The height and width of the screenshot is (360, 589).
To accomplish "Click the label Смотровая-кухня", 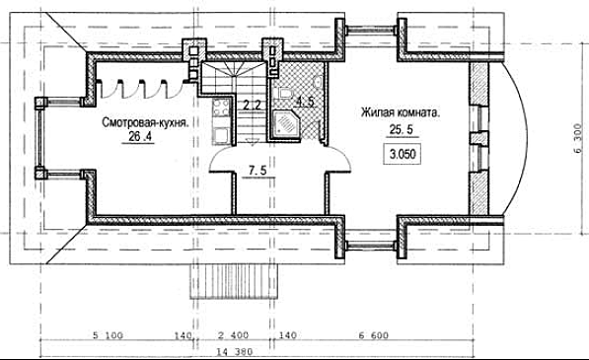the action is pyautogui.click(x=145, y=122).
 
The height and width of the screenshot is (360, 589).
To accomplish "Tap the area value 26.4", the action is pyautogui.click(x=140, y=137).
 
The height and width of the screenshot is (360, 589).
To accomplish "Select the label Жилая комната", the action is pyautogui.click(x=400, y=112).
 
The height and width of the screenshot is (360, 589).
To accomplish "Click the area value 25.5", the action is pyautogui.click(x=402, y=130).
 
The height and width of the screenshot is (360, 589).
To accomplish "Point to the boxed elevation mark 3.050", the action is pyautogui.click(x=402, y=154).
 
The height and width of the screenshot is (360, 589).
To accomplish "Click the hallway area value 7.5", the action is pyautogui.click(x=258, y=171).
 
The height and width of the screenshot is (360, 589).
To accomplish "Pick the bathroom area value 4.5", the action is pyautogui.click(x=305, y=102).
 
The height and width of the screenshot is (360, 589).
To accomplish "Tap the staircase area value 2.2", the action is pyautogui.click(x=252, y=105).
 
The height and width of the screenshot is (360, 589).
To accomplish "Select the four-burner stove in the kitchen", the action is pyautogui.click(x=222, y=108).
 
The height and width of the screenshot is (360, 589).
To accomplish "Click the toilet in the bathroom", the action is pyautogui.click(x=285, y=93).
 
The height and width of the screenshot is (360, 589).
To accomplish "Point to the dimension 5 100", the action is pyautogui.click(x=108, y=335).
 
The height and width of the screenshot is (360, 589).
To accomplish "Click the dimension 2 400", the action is pyautogui.click(x=233, y=335).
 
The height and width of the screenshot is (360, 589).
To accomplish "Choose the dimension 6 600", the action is pyautogui.click(x=373, y=335).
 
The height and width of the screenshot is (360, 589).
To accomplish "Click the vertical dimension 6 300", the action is pyautogui.click(x=578, y=138).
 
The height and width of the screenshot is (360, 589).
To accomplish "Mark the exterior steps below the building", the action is pyautogui.click(x=234, y=281).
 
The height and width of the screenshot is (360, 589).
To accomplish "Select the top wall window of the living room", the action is pyautogui.click(x=371, y=29).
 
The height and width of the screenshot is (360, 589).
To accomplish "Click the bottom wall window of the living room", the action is pyautogui.click(x=371, y=246).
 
